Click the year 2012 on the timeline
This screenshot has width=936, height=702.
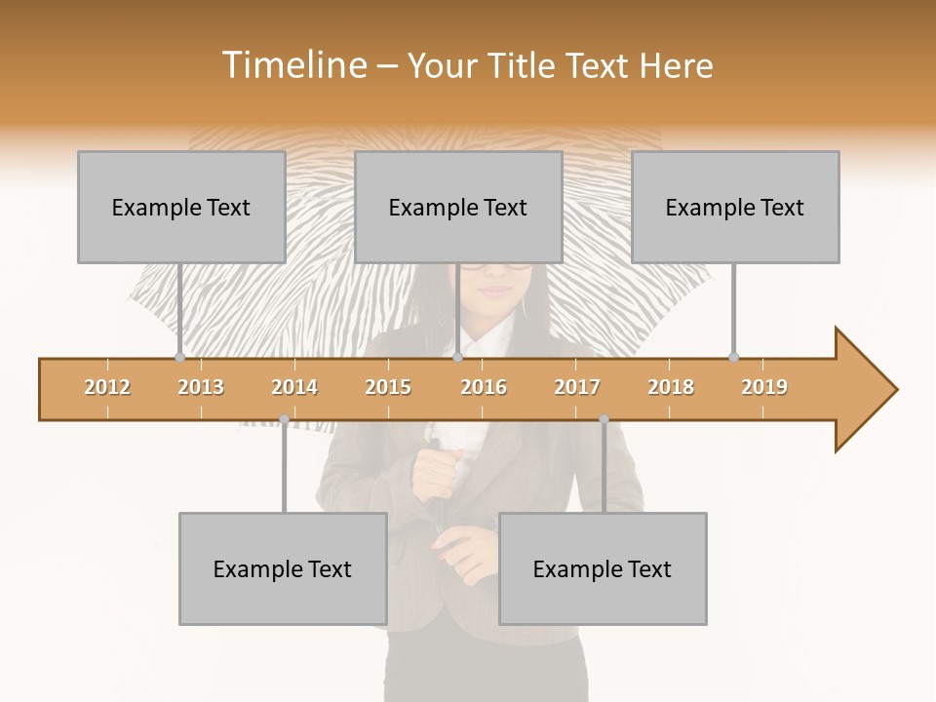tap(107, 387)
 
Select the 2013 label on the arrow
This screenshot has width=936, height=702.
tap(201, 387)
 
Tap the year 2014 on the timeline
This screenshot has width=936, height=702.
tap(294, 387)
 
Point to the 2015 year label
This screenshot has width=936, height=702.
tap(388, 387)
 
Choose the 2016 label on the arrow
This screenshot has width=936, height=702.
tap(484, 387)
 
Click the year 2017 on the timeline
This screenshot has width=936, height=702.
tap(577, 387)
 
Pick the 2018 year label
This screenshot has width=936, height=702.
tap(671, 387)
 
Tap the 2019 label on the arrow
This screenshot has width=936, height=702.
tap(764, 387)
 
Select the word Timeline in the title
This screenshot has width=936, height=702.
tap(292, 65)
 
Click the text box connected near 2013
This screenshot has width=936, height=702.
tap(181, 207)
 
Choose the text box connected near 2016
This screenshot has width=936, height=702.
tap(458, 207)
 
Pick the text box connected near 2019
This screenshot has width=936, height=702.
tap(735, 207)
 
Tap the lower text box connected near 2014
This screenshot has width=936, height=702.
tap(283, 568)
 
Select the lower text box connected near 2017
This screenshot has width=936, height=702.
tap(603, 568)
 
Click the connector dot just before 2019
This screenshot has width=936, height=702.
tap(734, 357)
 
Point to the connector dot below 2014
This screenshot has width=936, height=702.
tap(284, 419)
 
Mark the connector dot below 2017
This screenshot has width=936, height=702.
tap(604, 419)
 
